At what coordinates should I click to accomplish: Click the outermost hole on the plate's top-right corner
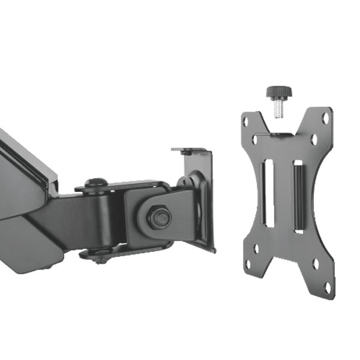point(326,118)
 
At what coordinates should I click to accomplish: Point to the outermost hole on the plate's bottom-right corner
point(328,287)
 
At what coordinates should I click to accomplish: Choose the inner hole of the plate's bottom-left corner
point(256,247)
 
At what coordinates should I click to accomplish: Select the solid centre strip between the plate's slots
point(284,193)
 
